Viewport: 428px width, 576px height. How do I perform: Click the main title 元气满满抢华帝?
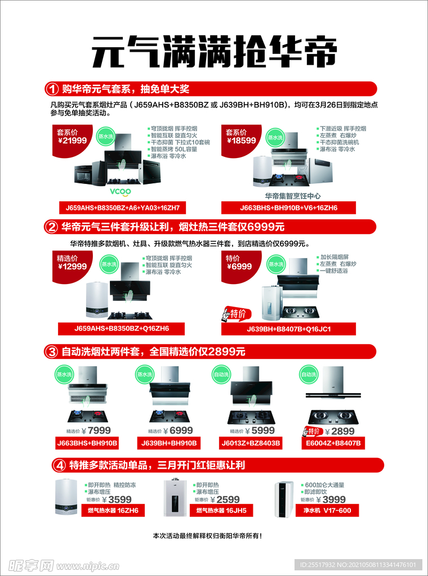pyautogui.click(x=214, y=52)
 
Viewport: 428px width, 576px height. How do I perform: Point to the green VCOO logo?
pyautogui.click(x=120, y=191)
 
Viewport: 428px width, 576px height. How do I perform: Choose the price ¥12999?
pyautogui.click(x=72, y=267)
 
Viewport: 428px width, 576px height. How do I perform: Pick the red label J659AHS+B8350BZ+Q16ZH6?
pyautogui.click(x=121, y=328)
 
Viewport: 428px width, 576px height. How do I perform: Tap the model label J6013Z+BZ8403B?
pyautogui.click(x=251, y=443)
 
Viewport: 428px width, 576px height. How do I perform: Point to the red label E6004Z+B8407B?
pyautogui.click(x=333, y=443)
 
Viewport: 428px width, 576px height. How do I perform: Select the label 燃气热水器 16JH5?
pyautogui.click(x=224, y=510)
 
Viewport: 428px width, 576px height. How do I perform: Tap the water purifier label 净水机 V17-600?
pyautogui.click(x=327, y=510)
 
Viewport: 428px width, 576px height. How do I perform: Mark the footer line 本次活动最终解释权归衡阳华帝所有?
pyautogui.click(x=207, y=536)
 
